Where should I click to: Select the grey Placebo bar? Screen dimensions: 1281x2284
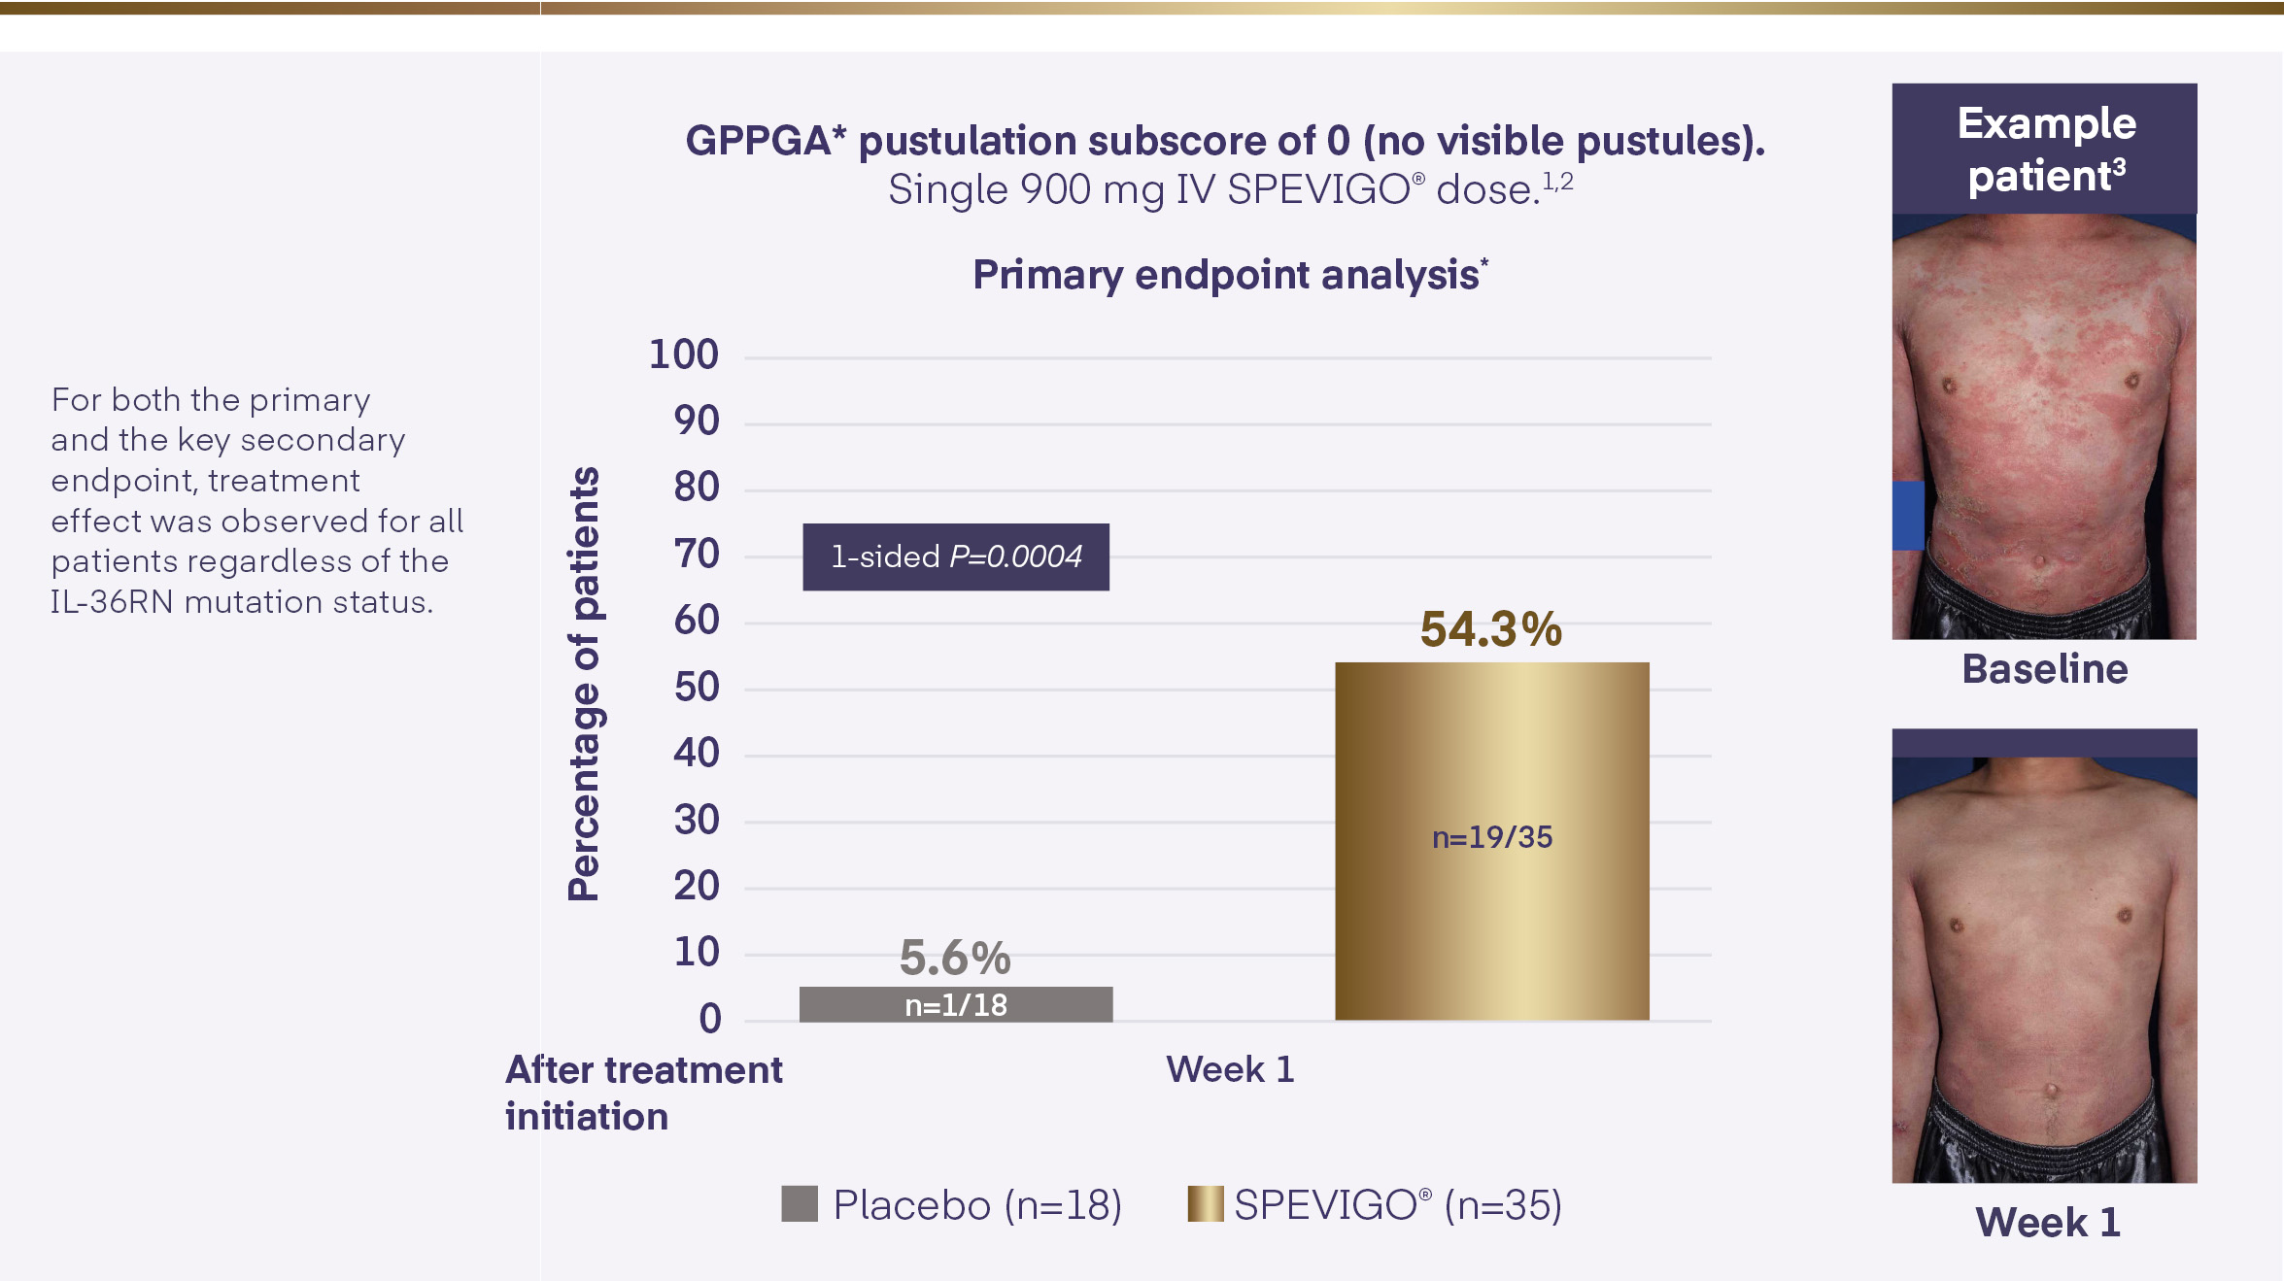point(955,1004)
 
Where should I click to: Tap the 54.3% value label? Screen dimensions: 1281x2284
point(1490,629)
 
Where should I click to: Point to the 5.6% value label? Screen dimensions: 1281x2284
point(955,958)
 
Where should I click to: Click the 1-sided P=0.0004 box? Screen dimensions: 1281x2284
point(955,556)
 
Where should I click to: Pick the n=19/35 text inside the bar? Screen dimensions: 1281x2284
point(1491,837)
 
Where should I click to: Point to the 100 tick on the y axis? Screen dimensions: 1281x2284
point(684,355)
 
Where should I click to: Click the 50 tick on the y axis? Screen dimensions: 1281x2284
point(697,688)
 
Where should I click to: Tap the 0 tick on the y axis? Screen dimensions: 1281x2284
point(710,1019)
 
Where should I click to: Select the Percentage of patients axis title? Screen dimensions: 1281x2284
point(584,684)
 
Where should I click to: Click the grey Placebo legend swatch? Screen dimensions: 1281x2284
point(799,1204)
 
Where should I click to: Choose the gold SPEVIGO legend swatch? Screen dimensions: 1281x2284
point(1205,1204)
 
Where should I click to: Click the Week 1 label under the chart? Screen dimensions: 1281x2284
point(1230,1069)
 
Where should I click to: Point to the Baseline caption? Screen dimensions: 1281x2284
point(2044,669)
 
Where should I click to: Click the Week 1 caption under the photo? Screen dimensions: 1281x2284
point(2047,1223)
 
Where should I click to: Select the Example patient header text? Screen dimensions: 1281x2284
point(2046,150)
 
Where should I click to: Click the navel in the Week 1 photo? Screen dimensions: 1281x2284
point(2051,1092)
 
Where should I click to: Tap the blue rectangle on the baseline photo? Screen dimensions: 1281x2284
point(1908,516)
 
